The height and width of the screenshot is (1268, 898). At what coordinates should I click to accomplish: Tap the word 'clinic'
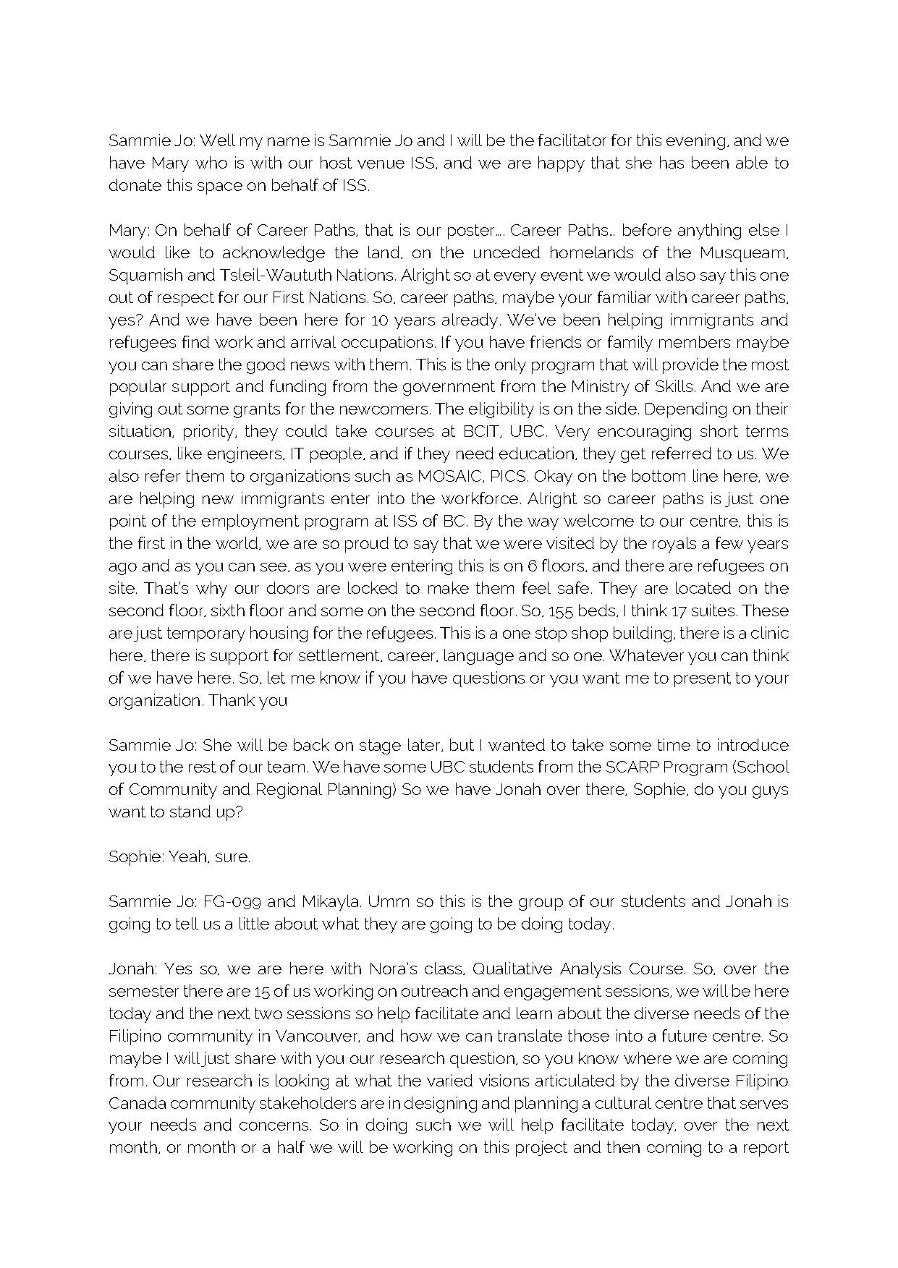(x=768, y=634)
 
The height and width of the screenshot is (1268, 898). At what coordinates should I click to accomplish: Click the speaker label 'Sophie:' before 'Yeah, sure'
(x=135, y=857)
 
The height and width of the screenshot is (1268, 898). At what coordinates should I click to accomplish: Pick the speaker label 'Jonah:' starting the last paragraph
(x=132, y=969)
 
